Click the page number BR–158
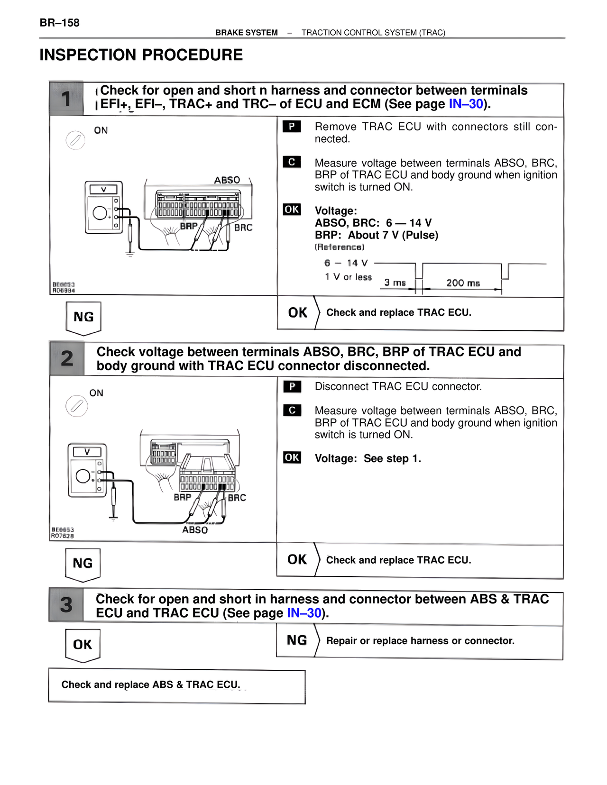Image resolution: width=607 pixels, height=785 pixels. (x=59, y=23)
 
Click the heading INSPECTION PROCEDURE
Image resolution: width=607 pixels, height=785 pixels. (x=141, y=55)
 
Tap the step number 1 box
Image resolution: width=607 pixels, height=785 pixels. (x=66, y=99)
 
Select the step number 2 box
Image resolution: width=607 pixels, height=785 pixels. (x=67, y=359)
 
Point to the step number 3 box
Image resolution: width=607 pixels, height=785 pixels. (x=66, y=605)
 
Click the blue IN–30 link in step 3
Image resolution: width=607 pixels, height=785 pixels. (x=304, y=613)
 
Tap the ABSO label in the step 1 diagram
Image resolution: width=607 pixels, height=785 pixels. (x=227, y=180)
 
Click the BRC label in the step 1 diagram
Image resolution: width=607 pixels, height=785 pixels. (x=243, y=228)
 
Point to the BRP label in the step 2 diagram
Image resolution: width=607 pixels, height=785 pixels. (x=182, y=497)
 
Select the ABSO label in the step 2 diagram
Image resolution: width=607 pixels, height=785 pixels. (x=195, y=530)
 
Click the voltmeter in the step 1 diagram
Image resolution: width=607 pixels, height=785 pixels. (x=103, y=207)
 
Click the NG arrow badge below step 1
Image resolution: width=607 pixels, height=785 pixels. (x=83, y=317)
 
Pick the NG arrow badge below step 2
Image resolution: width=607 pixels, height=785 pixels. (x=83, y=564)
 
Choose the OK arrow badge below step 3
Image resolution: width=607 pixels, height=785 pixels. (x=83, y=645)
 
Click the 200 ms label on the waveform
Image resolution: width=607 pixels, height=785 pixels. (x=463, y=283)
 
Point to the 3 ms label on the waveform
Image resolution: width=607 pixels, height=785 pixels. (x=395, y=283)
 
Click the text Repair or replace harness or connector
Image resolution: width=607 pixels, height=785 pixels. (x=420, y=641)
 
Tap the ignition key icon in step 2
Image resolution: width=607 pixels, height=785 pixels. (x=76, y=406)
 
